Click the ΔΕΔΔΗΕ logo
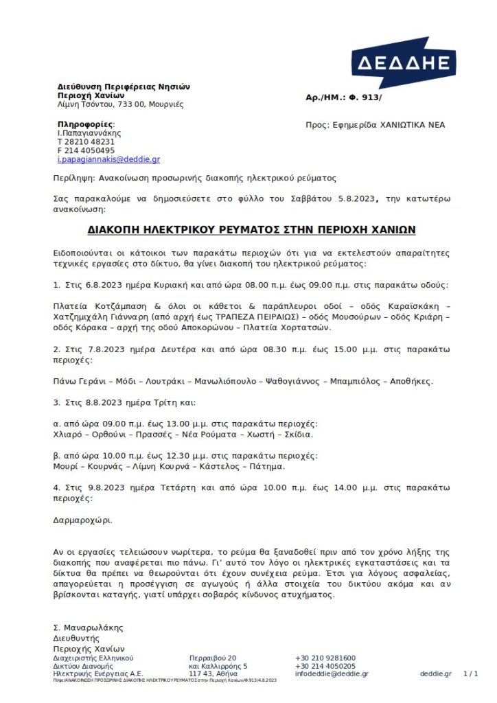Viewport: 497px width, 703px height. [403, 63]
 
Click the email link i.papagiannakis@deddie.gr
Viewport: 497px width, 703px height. [108, 159]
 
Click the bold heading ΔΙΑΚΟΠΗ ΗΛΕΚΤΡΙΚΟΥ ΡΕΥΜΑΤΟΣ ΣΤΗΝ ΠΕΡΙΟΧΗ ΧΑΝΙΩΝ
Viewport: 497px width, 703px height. [251, 229]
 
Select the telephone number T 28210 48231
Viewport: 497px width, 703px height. [86, 141]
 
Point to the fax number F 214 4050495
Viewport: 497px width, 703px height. [86, 150]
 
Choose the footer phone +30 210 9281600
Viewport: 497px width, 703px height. [325, 658]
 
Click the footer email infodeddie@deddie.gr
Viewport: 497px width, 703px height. [332, 673]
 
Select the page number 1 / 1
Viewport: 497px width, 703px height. [471, 673]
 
